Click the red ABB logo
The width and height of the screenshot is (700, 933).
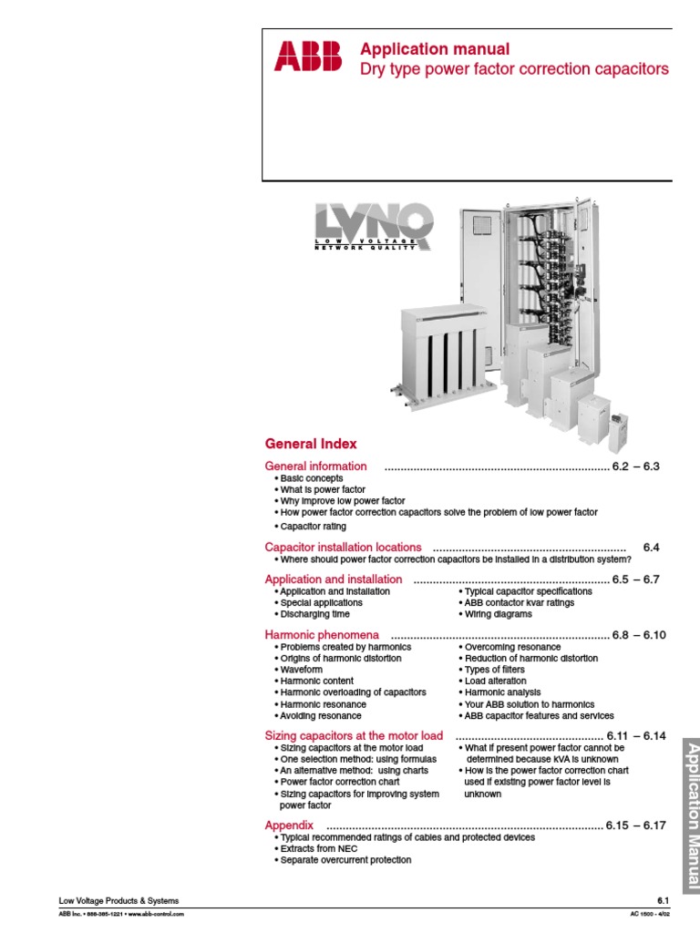click(307, 58)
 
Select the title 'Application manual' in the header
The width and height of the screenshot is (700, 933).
click(435, 49)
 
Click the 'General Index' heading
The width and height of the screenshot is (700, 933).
click(311, 444)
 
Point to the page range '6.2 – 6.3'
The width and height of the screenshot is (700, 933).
click(635, 466)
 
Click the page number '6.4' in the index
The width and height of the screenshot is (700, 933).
click(650, 547)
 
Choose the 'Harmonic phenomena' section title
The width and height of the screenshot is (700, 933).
click(322, 634)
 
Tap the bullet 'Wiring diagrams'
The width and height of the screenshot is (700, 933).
click(499, 614)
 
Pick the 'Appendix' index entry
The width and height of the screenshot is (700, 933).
click(289, 825)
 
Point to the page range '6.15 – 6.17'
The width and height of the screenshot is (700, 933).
click(636, 825)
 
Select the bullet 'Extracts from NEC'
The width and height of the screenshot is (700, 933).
click(319, 848)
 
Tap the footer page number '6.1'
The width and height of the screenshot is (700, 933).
click(663, 900)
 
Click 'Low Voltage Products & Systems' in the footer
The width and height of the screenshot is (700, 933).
click(118, 900)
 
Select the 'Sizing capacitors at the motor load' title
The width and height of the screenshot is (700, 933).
click(354, 735)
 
